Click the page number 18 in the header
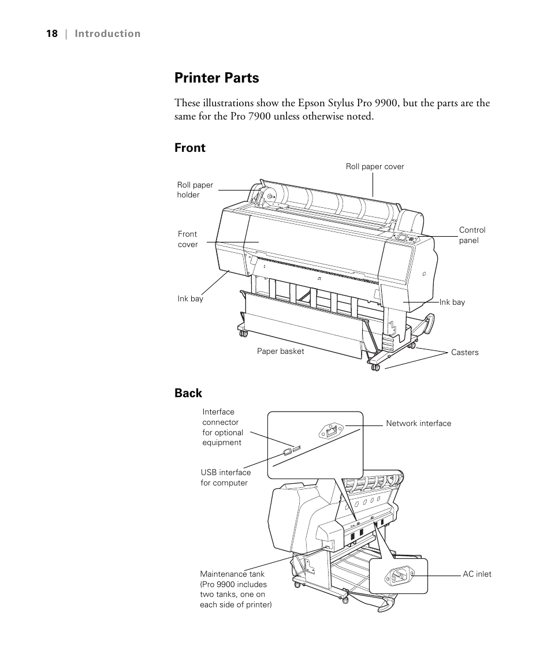click(x=52, y=33)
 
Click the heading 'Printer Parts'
click(x=217, y=77)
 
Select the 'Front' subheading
click(x=189, y=148)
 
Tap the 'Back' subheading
click(x=188, y=393)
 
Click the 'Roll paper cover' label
click(x=375, y=167)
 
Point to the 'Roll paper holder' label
click(x=195, y=190)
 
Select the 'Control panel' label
click(x=472, y=235)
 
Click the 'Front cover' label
click(x=187, y=239)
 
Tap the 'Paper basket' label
click(x=280, y=351)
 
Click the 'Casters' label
click(x=464, y=352)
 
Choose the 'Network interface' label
click(x=418, y=423)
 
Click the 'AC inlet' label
click(x=476, y=574)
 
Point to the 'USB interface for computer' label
click(x=225, y=477)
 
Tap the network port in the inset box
click(x=330, y=430)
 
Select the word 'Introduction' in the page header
click(x=107, y=33)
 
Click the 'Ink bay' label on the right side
click(x=452, y=302)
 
